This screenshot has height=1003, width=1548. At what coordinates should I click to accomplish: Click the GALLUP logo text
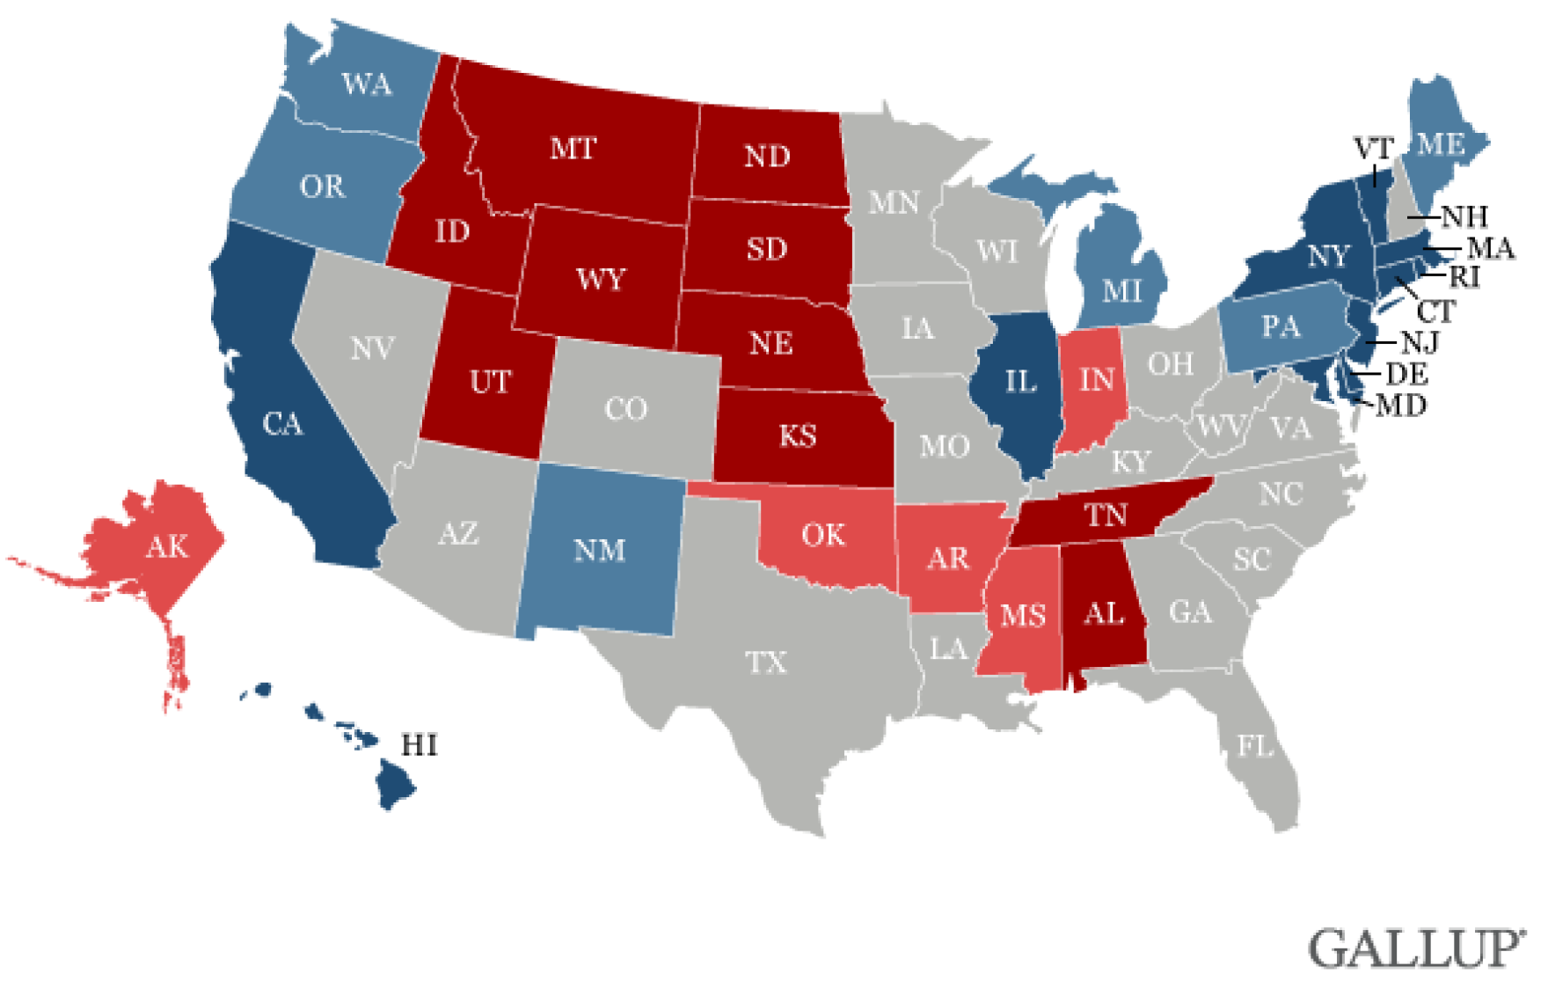pos(1416,949)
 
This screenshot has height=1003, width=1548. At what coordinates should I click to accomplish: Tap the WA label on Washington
pos(367,84)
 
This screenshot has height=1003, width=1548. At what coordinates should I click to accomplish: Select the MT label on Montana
pos(573,149)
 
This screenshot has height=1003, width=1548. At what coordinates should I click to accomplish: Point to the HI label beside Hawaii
pos(419,746)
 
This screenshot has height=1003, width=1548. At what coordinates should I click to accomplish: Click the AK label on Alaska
pos(167,547)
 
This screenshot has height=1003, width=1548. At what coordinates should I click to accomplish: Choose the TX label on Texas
pos(766,663)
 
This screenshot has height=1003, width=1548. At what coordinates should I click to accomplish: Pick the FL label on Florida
pos(1255,747)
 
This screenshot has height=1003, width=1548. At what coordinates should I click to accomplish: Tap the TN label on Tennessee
pos(1106,515)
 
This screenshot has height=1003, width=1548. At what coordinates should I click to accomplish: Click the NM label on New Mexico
pos(599,551)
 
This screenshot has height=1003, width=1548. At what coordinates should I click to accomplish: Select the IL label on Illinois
pos(1020,382)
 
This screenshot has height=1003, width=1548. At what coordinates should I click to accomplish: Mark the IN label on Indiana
pos(1096,380)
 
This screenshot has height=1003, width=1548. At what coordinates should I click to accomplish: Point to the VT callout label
pos(1373,149)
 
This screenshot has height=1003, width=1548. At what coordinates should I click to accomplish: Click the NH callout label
pos(1464,216)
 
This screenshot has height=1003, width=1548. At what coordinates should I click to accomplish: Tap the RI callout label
pos(1464,277)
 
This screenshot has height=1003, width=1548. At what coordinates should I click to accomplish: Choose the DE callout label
pos(1406,375)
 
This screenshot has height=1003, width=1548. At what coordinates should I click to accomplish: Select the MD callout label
pos(1401,406)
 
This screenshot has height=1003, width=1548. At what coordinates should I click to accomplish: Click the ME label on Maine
pos(1441,144)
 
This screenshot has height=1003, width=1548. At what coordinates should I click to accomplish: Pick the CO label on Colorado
pos(625,409)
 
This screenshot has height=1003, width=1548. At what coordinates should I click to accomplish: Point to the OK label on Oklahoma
pos(823,535)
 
